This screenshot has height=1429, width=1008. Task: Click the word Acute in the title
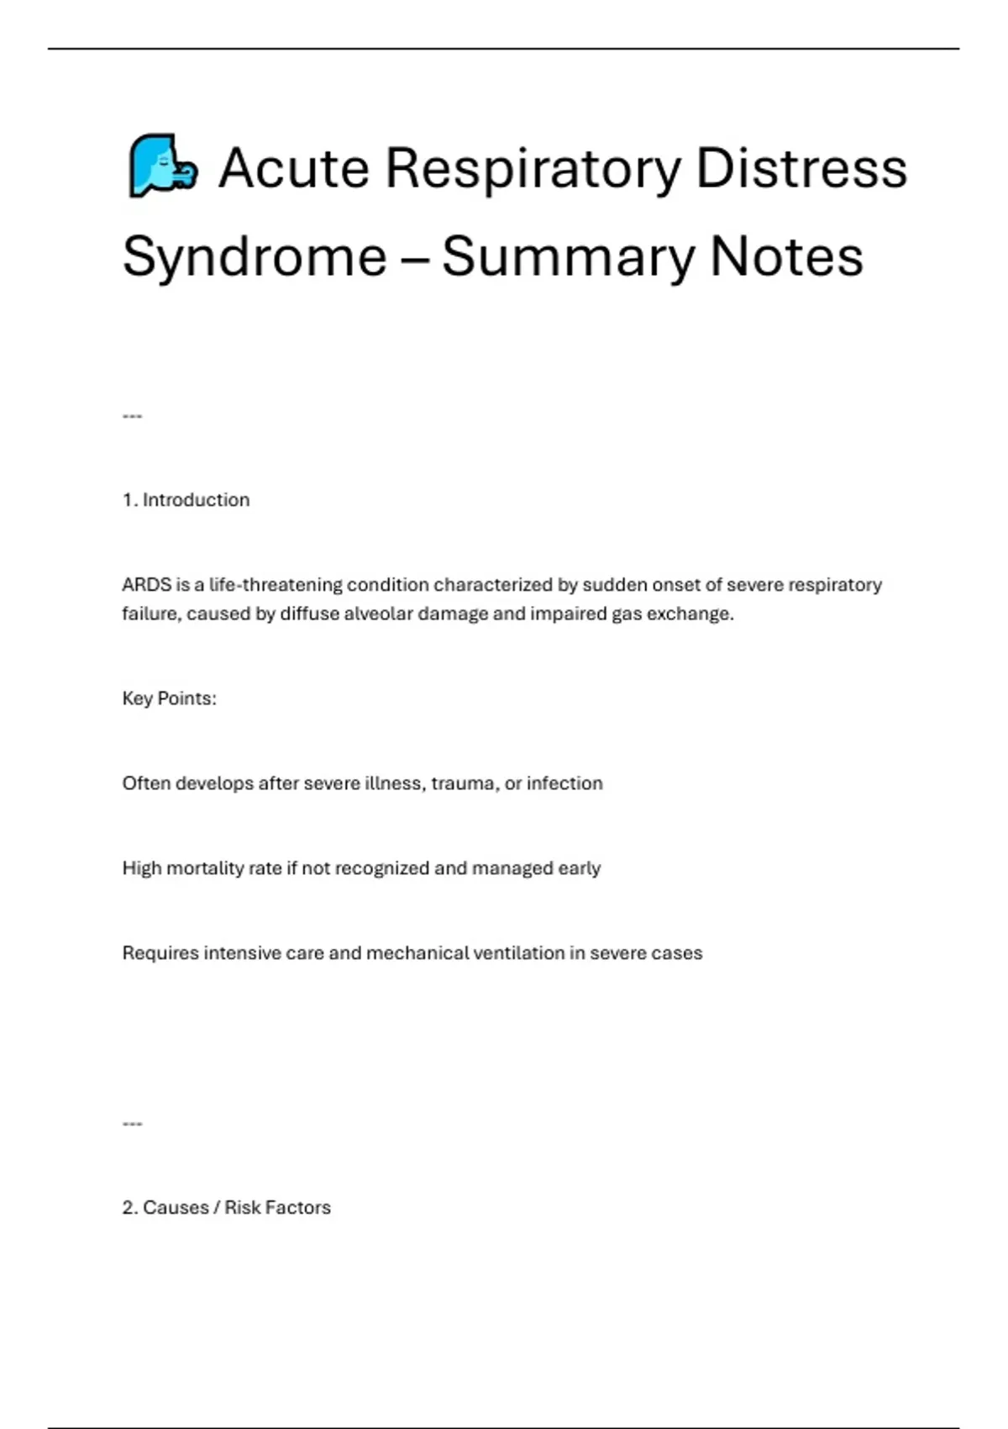293,167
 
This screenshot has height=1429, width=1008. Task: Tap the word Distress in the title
801,167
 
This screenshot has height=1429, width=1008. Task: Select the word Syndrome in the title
255,256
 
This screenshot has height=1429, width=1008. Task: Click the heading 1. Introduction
186,500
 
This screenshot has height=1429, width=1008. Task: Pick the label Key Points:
169,699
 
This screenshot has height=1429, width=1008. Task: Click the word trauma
463,783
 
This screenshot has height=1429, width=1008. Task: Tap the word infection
564,783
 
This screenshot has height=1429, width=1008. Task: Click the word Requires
160,953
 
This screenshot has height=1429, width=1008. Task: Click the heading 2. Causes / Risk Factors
226,1208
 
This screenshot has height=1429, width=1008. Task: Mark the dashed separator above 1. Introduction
132,416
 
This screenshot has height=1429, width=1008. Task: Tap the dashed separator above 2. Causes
132,1124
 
